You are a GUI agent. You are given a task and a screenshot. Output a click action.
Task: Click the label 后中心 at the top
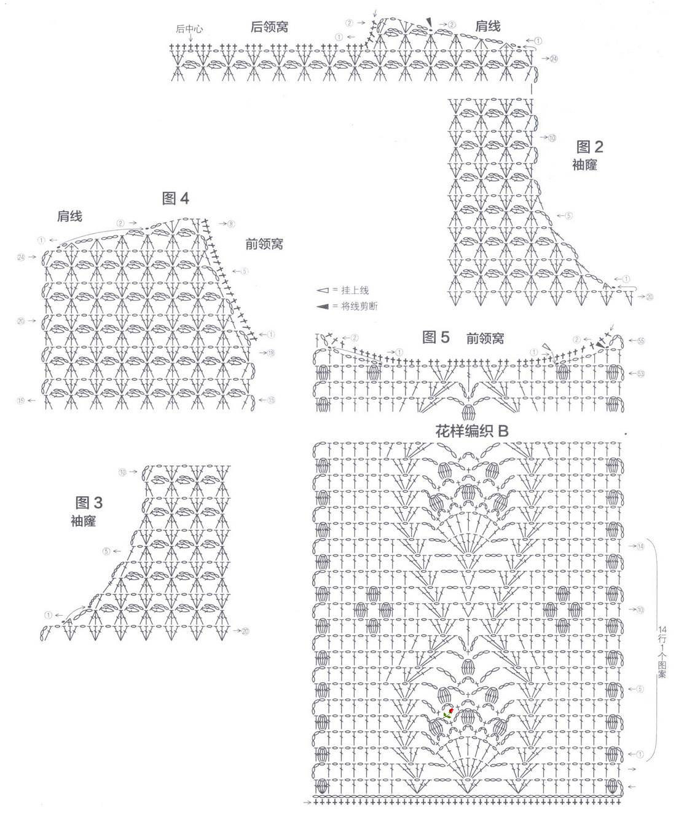point(189,28)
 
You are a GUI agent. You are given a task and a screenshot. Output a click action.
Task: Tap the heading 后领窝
point(269,27)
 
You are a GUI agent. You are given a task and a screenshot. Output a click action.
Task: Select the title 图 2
point(589,146)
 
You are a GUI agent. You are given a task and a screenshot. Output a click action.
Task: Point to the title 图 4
point(175,198)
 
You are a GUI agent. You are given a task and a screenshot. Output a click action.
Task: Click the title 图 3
point(89,502)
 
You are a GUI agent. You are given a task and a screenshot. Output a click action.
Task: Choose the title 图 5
point(436,337)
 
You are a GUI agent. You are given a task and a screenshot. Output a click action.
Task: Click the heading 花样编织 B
point(472,431)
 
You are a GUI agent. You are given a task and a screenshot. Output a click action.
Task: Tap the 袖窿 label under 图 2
point(584,165)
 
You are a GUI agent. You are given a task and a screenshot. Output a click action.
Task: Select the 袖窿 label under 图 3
point(84,522)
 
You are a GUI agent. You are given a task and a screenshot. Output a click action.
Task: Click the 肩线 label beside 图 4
point(69,216)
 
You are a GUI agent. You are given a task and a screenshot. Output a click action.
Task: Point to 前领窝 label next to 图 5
point(485,338)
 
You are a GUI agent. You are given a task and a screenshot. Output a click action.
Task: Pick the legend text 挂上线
point(355,290)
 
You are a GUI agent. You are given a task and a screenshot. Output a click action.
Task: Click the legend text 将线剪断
point(359,306)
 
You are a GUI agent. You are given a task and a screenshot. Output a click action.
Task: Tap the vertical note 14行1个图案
point(661,652)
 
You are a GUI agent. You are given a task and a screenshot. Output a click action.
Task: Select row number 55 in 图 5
point(640,340)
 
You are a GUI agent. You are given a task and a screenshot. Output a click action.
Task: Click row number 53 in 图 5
point(640,373)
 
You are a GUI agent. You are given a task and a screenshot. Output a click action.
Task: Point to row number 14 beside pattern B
point(640,546)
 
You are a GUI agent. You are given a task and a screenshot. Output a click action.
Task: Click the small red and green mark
point(448,713)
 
